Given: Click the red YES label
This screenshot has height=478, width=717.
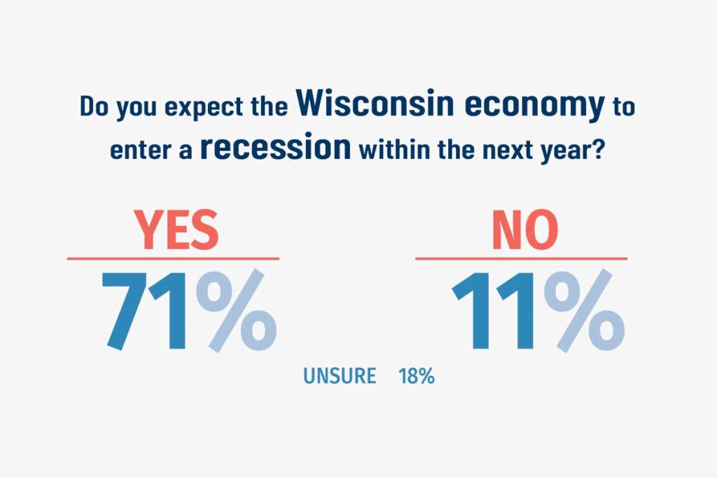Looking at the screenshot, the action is click(176, 230).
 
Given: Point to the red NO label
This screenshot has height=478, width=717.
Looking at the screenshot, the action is click(524, 230).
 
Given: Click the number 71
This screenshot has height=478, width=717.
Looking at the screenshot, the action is click(144, 311).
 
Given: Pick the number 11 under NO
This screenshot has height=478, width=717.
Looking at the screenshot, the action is click(493, 311).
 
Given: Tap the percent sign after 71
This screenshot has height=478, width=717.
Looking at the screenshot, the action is click(236, 311).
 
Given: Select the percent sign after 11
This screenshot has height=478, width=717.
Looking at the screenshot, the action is click(584, 311).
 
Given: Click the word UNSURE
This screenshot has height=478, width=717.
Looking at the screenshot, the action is click(340, 376).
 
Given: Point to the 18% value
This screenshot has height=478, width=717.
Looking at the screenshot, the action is click(417, 376).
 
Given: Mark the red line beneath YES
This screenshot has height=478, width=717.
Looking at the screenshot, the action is click(173, 259).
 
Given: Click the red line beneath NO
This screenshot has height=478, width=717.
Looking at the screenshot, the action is click(521, 259).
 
